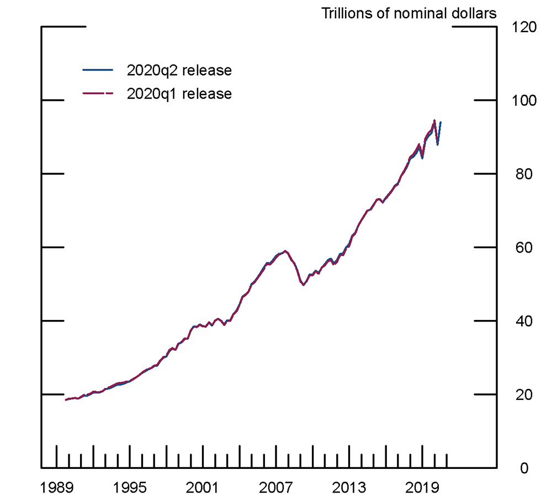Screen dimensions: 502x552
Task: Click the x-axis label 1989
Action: (x=56, y=488)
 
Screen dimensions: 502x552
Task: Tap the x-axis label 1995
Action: (x=130, y=488)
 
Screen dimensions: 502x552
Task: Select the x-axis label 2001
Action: (x=203, y=488)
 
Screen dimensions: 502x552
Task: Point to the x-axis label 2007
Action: (x=276, y=488)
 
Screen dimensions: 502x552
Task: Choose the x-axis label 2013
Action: (x=349, y=488)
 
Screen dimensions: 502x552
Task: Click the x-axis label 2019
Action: (x=422, y=488)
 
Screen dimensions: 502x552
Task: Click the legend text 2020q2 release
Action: (x=179, y=71)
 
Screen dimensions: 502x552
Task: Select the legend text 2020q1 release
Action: (x=179, y=94)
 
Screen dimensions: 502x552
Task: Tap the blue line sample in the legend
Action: (x=97, y=70)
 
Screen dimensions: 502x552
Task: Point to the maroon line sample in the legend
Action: (x=97, y=94)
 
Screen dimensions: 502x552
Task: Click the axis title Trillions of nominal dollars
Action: (x=409, y=13)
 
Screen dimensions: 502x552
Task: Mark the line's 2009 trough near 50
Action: (x=303, y=285)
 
